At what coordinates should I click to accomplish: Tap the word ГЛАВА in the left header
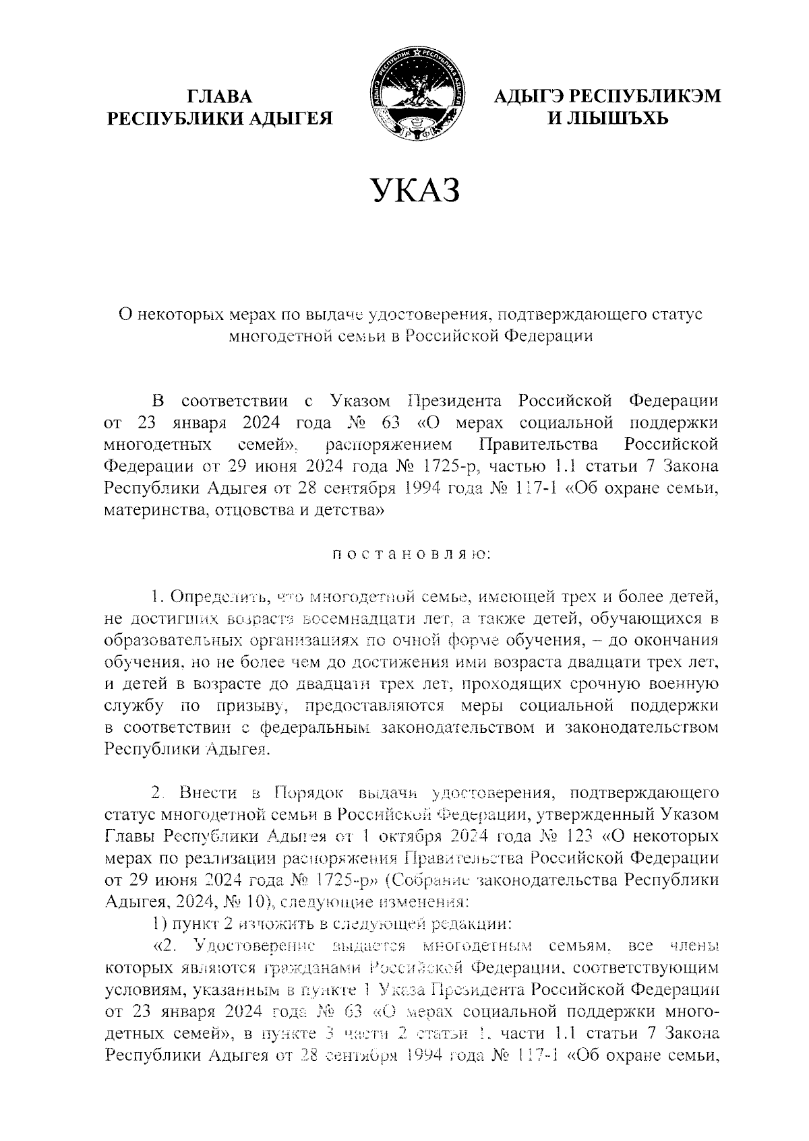point(220,97)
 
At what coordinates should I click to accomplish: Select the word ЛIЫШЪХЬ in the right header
point(607,119)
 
